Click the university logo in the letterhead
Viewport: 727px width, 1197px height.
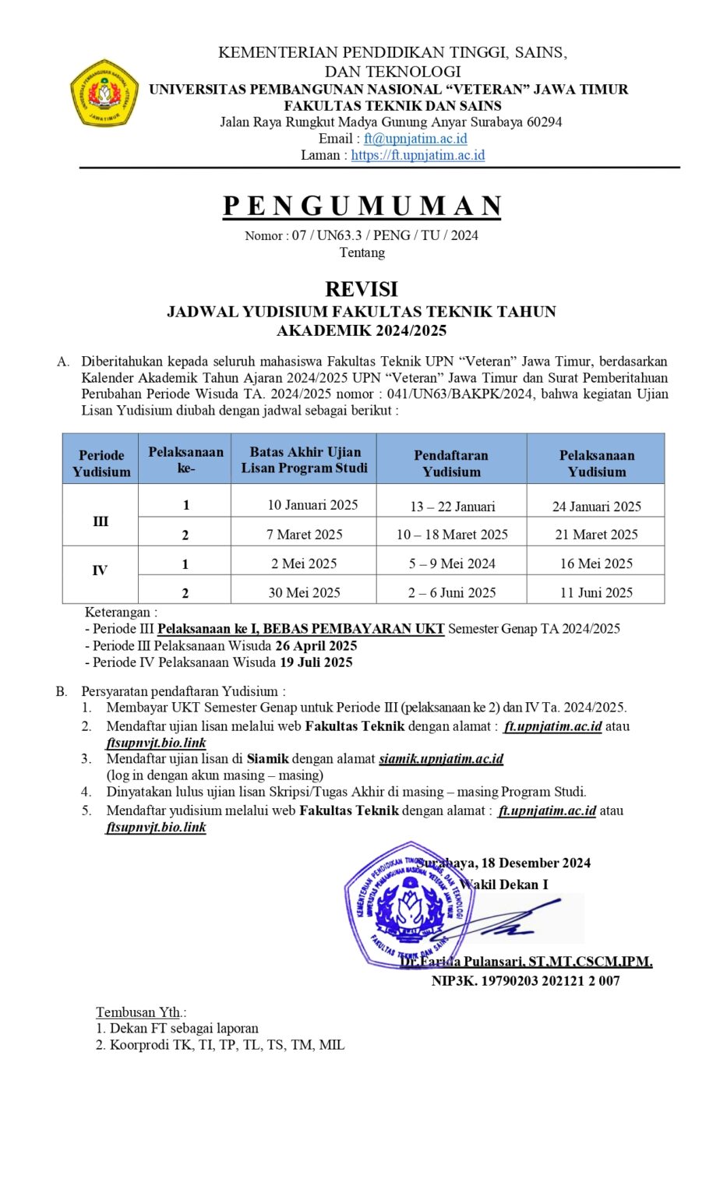click(x=104, y=94)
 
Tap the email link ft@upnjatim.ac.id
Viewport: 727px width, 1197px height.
click(x=415, y=139)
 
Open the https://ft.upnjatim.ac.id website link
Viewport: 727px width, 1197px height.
click(x=418, y=155)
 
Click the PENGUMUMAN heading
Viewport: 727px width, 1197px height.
click(x=362, y=206)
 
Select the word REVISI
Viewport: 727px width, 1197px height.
click(x=362, y=289)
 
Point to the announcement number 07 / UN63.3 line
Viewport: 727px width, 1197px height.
click(x=362, y=235)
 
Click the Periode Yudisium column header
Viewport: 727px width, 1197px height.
click(x=101, y=463)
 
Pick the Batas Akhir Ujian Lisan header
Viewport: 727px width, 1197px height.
click(x=305, y=460)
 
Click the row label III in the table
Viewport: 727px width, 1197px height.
click(x=101, y=521)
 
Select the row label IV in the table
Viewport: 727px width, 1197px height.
click(x=100, y=570)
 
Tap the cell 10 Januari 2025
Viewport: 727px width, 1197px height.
click(x=312, y=505)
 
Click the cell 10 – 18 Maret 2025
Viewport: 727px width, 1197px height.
click(x=452, y=535)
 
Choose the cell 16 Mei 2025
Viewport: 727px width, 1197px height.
click(x=596, y=563)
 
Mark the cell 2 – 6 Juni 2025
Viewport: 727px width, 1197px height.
click(x=452, y=592)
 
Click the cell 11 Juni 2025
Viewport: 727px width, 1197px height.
click(x=596, y=592)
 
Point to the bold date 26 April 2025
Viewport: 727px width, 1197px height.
click(x=316, y=646)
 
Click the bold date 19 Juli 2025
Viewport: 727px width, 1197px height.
click(x=316, y=662)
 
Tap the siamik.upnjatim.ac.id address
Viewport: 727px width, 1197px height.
click(x=441, y=758)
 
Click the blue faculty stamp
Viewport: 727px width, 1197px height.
click(x=408, y=906)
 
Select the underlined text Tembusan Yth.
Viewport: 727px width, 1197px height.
click(x=139, y=1012)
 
